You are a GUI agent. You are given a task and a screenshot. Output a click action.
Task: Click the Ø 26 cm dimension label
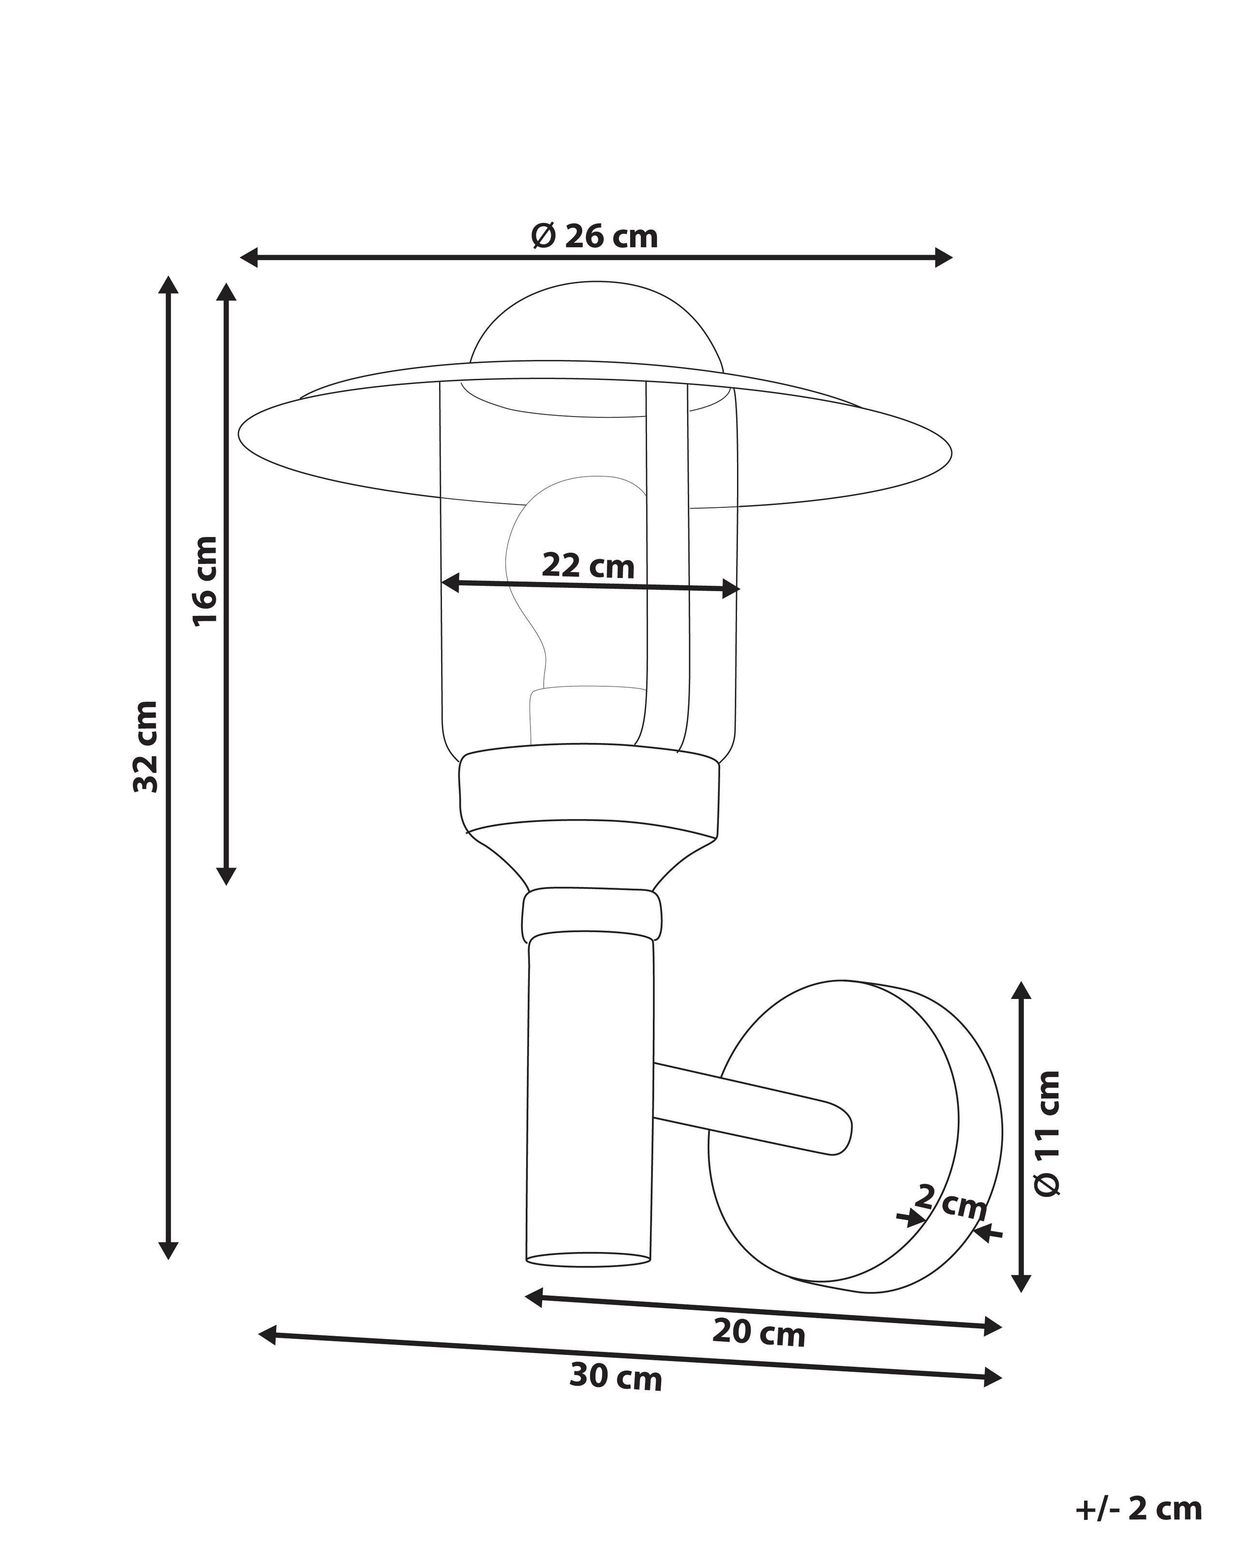click(x=594, y=236)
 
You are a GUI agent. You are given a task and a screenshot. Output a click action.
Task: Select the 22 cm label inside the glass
click(x=588, y=566)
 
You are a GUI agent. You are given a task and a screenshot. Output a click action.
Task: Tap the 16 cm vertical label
click(x=205, y=580)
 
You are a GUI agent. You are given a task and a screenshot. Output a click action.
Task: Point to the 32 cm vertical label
click(x=146, y=747)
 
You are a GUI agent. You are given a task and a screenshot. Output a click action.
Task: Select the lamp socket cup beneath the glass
click(x=589, y=790)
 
